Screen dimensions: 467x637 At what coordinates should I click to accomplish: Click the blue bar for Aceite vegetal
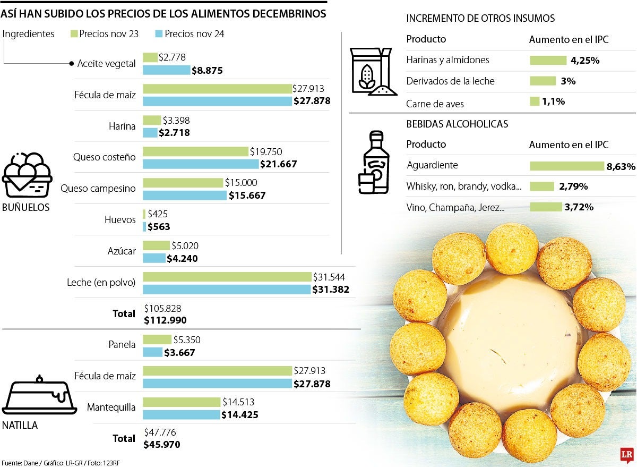click(x=166, y=70)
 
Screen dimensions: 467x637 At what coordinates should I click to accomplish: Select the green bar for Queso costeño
click(x=195, y=152)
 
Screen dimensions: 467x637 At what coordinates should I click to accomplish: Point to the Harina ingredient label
click(x=123, y=126)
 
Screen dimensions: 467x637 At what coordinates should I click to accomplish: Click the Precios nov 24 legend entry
click(x=194, y=34)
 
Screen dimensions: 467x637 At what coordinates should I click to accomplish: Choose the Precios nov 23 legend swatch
click(x=74, y=34)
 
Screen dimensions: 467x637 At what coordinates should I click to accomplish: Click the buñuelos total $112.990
click(x=166, y=320)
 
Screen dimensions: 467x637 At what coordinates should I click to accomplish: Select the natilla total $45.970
click(x=162, y=444)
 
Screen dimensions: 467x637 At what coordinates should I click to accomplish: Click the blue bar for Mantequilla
click(x=181, y=414)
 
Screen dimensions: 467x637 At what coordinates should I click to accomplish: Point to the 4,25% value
click(x=585, y=61)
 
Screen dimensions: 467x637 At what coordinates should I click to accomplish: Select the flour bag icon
click(x=371, y=72)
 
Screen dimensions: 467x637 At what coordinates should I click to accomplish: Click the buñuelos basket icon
click(x=27, y=175)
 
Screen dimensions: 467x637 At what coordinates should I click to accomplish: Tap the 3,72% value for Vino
click(x=579, y=207)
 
